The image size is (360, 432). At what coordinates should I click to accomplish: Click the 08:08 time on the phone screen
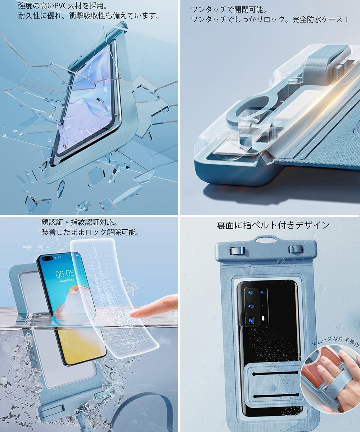coord(65,274)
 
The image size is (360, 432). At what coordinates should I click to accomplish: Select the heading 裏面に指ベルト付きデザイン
coord(273,225)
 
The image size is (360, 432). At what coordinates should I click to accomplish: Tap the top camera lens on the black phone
coord(250,293)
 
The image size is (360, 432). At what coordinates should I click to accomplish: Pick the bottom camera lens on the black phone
coord(251,320)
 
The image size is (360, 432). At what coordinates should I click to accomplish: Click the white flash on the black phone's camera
coord(264,318)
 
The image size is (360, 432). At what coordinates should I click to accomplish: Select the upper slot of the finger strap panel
coord(275,373)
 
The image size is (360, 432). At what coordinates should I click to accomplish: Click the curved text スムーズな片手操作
coord(335,341)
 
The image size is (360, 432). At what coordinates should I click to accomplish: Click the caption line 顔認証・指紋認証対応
coord(80,222)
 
